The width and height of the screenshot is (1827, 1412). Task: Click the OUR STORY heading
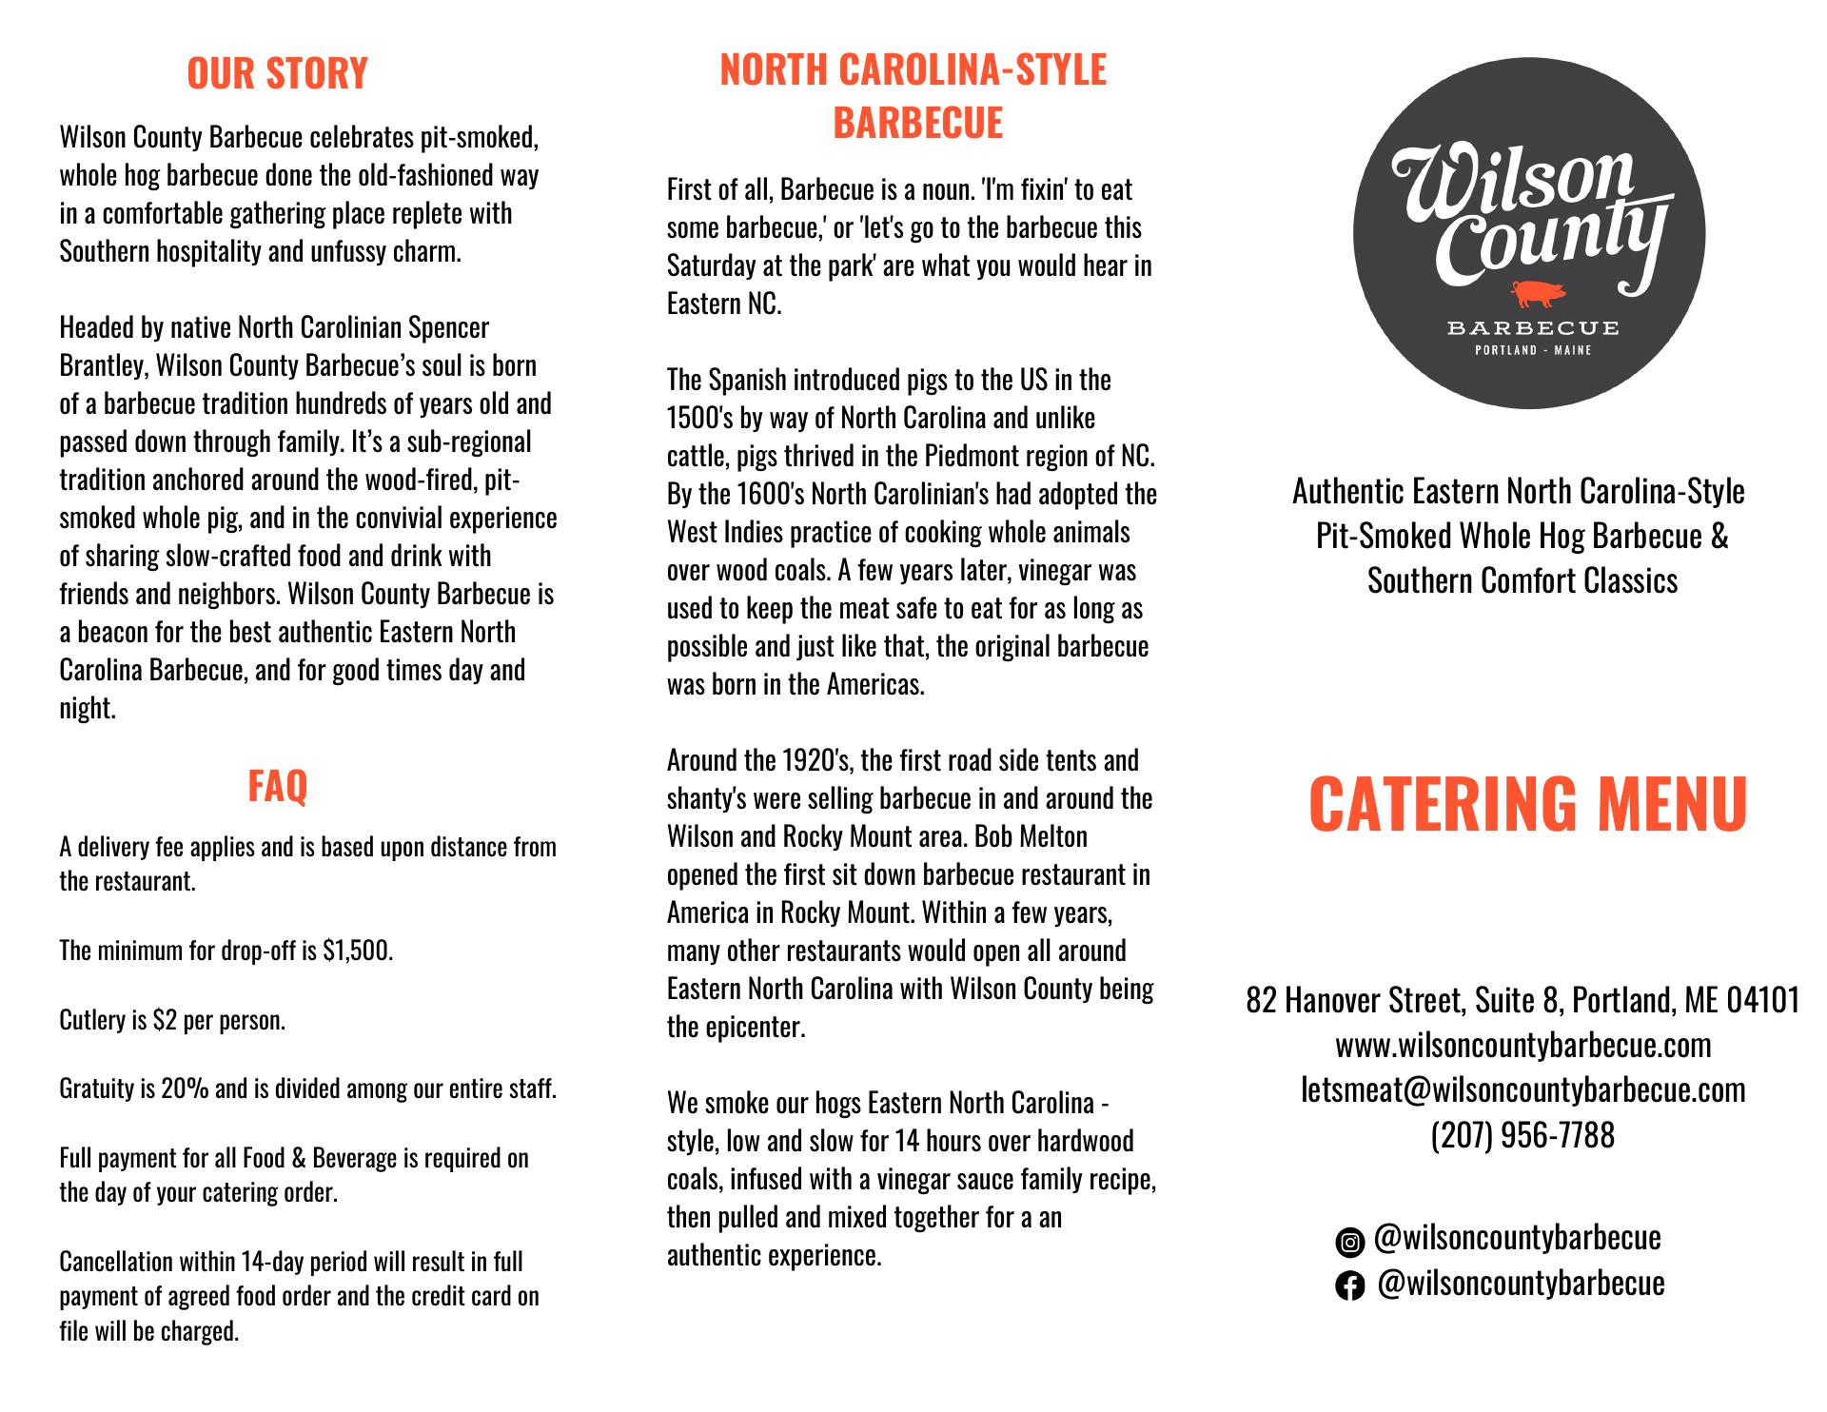click(x=277, y=73)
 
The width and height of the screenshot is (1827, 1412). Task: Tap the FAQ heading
click(x=277, y=786)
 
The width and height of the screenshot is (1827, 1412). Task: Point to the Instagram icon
click(x=1348, y=1242)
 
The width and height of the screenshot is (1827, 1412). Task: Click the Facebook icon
click(x=1348, y=1286)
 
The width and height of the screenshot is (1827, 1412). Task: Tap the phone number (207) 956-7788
click(x=1522, y=1134)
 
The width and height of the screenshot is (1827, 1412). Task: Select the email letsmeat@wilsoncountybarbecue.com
click(x=1522, y=1089)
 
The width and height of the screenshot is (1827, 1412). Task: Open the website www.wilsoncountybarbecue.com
click(x=1522, y=1045)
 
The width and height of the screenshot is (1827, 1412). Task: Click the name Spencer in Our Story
click(x=449, y=328)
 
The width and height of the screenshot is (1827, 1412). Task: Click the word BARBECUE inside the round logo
click(x=1532, y=328)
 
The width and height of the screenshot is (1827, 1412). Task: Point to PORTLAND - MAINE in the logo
click(x=1532, y=350)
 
